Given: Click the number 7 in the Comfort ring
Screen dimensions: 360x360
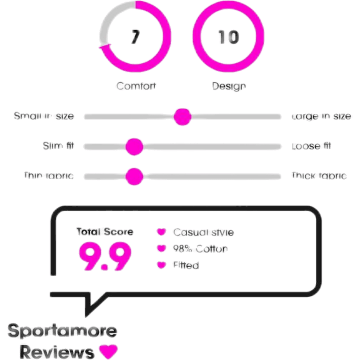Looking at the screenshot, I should (133, 38).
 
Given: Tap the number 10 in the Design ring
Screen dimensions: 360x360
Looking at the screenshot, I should (228, 38).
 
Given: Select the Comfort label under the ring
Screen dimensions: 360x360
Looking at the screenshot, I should (136, 85).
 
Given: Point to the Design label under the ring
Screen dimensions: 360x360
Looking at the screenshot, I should (228, 85).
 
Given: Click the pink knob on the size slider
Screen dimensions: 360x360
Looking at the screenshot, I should (182, 116).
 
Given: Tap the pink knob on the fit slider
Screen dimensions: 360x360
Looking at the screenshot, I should (134, 146).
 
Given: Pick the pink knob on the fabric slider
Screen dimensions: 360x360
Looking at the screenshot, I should (134, 176).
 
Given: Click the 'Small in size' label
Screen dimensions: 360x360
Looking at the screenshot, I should (44, 116).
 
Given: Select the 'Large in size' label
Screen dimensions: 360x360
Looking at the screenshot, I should (321, 116).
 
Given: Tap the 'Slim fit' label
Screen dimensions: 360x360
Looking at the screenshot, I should (58, 146).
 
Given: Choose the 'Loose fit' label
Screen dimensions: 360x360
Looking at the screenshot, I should (312, 146).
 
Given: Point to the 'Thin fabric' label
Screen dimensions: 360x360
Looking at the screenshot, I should (48, 176).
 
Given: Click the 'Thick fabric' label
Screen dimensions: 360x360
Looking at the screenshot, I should (318, 176).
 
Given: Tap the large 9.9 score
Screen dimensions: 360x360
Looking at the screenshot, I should (105, 256).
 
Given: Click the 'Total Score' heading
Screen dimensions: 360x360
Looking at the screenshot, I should (104, 232).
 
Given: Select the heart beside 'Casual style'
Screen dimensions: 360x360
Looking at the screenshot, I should (161, 232).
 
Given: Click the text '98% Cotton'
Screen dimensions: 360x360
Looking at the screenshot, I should (199, 248).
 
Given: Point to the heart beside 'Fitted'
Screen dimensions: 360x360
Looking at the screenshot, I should (161, 265).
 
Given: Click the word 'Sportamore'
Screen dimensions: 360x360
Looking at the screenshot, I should (62, 330).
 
